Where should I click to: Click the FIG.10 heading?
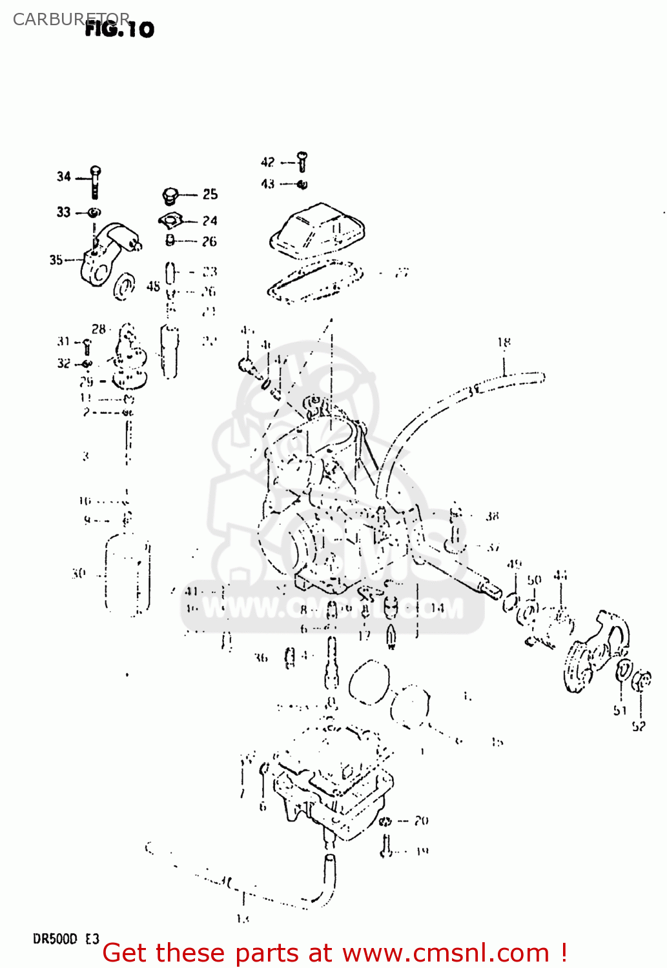pos(120,29)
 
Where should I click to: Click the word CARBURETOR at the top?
pos(71,19)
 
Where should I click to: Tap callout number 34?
pos(63,176)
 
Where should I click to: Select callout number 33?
pos(63,212)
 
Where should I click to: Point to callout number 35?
pos(56,260)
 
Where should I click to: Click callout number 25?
pos(210,194)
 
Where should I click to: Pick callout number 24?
pos(210,221)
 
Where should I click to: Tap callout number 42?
pos(268,162)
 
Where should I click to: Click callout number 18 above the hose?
pos(504,342)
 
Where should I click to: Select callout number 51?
pos(621,711)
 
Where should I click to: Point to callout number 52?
pos(639,726)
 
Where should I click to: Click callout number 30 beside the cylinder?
pos(79,573)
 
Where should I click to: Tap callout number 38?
pos(493,516)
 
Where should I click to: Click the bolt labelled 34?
pos(96,182)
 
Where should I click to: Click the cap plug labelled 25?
pos(170,195)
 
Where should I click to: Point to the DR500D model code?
pos(56,939)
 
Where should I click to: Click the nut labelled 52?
pos(642,681)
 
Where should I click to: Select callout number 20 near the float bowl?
pos(422,821)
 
